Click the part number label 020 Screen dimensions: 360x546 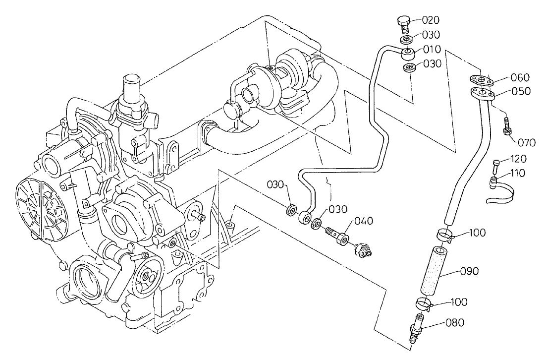(x=431, y=20)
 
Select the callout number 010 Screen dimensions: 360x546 (x=431, y=51)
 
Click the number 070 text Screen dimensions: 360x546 (x=527, y=143)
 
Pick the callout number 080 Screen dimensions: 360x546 (x=454, y=323)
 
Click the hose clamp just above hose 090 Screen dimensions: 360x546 (x=445, y=234)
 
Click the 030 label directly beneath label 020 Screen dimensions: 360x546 (x=431, y=35)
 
